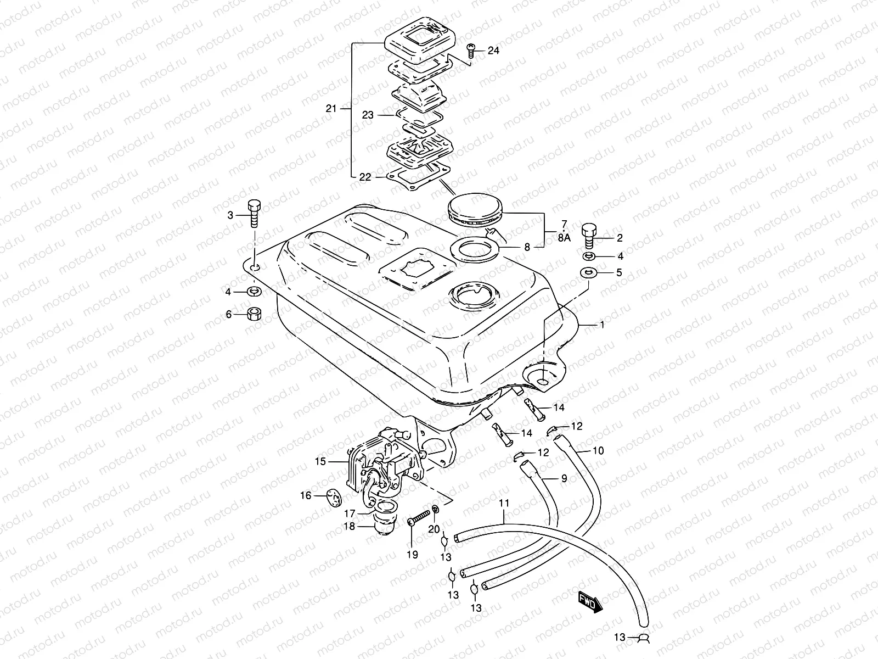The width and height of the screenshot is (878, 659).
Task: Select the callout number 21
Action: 330,109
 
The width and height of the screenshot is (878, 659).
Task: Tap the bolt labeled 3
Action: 255,215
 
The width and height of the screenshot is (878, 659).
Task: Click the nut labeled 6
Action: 254,314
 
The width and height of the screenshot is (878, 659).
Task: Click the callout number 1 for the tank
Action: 602,325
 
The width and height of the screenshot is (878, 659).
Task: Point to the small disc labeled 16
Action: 331,496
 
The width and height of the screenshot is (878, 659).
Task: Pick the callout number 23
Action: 368,115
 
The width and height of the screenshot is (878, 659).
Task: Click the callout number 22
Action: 365,177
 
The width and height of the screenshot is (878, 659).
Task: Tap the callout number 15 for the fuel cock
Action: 320,461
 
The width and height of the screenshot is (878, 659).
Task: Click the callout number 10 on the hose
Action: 598,451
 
